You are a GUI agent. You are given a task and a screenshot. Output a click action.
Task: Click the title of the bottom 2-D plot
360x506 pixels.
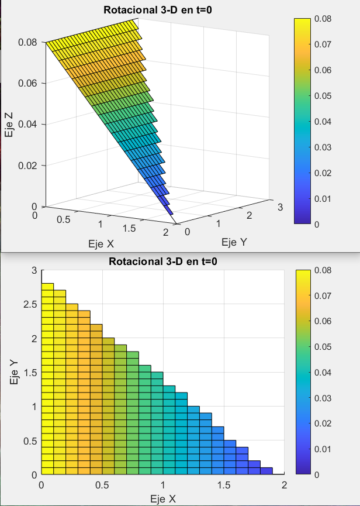point(163,261)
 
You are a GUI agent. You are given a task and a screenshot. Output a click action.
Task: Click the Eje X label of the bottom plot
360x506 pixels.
point(163,498)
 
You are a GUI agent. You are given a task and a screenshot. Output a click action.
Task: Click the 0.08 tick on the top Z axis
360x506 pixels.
point(27,42)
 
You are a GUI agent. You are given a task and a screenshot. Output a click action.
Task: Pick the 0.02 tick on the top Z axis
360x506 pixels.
point(27,166)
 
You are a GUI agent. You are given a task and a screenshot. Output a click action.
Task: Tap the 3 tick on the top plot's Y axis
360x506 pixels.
point(280,207)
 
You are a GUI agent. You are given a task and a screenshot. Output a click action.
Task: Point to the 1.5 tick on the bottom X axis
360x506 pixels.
point(223,485)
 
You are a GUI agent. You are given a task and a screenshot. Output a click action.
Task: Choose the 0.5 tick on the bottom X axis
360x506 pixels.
point(102,485)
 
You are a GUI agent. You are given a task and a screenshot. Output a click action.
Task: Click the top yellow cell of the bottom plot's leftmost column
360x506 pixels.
point(47,287)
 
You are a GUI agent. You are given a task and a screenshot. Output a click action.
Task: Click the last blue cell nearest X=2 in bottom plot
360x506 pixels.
point(266,471)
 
